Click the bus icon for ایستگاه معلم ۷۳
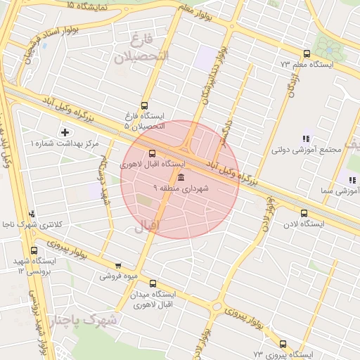point(307,53)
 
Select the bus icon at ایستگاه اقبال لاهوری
point(153,154)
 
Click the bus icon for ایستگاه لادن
point(304,214)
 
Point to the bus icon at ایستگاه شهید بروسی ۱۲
point(34,250)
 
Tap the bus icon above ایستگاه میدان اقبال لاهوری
point(153,283)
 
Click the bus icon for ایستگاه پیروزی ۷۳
point(283,344)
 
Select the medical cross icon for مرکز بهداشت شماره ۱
point(65,131)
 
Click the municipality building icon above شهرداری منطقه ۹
point(181,176)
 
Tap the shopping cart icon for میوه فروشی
point(117,266)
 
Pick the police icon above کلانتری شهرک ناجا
point(30,214)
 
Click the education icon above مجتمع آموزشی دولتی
point(305,139)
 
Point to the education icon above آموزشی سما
point(352,180)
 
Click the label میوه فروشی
point(116,276)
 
